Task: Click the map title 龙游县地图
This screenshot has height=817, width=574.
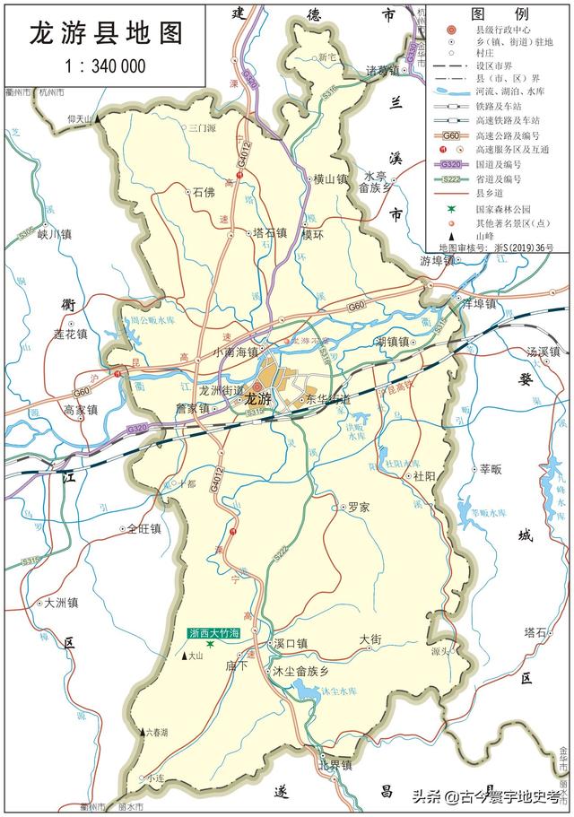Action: [x=107, y=33]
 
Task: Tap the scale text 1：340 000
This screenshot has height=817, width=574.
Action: [x=107, y=65]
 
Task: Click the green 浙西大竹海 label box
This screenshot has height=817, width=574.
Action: [x=214, y=633]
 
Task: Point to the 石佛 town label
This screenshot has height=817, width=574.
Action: [x=204, y=191]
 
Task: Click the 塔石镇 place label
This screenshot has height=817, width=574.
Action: [x=270, y=232]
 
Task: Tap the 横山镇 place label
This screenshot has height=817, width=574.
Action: [x=329, y=179]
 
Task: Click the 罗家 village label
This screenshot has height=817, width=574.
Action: [x=359, y=507]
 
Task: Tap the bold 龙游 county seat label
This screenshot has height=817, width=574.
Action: [x=258, y=400]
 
